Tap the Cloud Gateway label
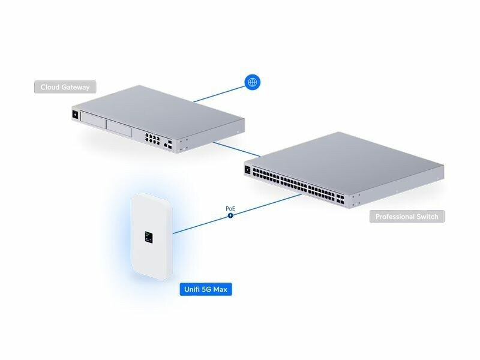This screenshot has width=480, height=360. (65, 87)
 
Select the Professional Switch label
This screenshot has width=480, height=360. (407, 217)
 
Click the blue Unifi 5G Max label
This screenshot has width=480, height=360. (206, 290)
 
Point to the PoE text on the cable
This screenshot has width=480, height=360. (230, 208)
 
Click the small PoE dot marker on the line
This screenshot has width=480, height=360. (230, 215)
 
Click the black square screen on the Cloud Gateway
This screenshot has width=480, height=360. (76, 115)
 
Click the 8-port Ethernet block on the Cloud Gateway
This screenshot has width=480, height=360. (152, 139)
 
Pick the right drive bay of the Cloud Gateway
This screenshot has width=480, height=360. (120, 128)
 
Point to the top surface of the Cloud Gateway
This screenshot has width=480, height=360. (162, 108)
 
